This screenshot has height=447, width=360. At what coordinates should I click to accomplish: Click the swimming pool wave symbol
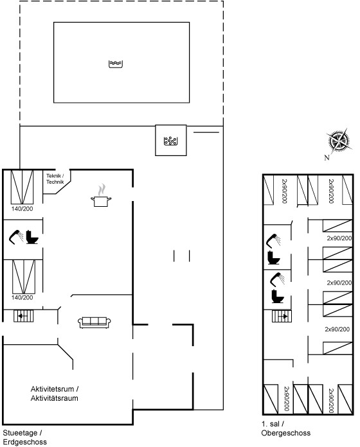click(x=116, y=64)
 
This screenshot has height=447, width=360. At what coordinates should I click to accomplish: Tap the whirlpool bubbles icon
click(x=170, y=141)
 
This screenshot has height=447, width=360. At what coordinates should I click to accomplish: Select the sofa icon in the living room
click(x=94, y=322)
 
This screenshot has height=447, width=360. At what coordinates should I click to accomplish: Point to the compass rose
click(x=339, y=141)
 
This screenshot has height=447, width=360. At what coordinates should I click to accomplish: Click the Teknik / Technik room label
click(x=55, y=179)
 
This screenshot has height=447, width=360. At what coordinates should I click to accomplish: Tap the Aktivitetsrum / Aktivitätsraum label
click(x=55, y=394)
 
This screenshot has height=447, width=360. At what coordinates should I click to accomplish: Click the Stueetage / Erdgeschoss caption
click(x=25, y=437)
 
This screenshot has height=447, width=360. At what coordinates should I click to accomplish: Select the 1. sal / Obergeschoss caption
click(x=286, y=428)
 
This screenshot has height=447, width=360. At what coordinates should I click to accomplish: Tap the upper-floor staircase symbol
click(x=282, y=316)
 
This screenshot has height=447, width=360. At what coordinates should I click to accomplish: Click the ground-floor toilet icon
click(x=32, y=237)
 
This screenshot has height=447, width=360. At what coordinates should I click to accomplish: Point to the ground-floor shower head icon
click(x=16, y=237)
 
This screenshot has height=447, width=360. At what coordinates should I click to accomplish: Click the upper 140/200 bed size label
click(x=22, y=209)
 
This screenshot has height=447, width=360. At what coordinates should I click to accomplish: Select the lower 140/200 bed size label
click(x=22, y=297)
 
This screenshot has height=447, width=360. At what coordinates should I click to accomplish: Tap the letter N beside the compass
click(x=327, y=157)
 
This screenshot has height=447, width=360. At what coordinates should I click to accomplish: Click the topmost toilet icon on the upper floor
click(x=274, y=258)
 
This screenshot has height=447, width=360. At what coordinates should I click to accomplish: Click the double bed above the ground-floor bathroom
click(x=22, y=187)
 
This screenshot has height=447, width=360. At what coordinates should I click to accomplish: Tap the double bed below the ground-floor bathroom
click(x=24, y=277)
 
